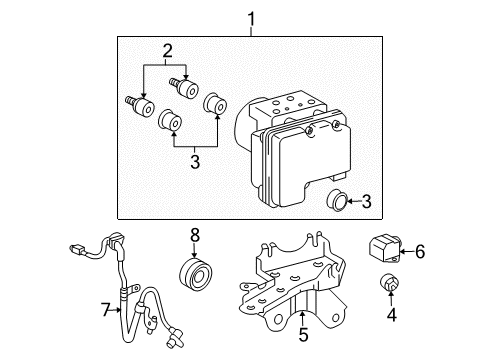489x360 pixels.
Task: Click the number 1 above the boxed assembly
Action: click(252, 17)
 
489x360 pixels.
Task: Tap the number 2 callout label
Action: click(168, 49)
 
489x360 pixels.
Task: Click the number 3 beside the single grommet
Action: click(366, 202)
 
